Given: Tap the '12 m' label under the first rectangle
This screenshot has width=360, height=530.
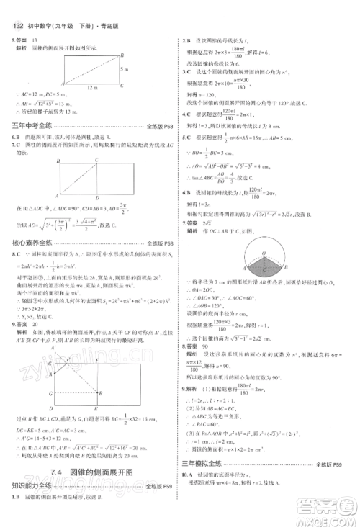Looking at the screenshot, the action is (89, 86).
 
